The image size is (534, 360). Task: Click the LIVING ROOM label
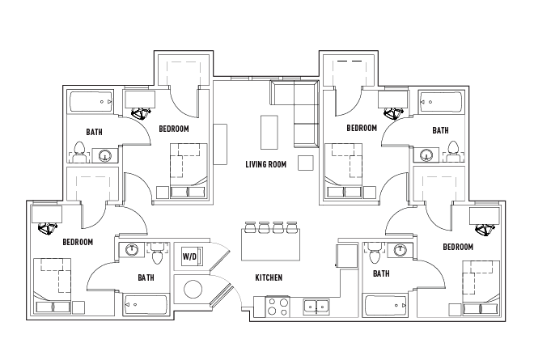[266, 164]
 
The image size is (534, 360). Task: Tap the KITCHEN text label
[269, 277]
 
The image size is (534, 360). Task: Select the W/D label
[189, 256]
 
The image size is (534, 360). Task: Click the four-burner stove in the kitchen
[278, 307]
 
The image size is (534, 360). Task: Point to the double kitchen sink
[316, 307]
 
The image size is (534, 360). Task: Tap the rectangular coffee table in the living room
[269, 129]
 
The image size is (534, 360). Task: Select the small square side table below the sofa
[305, 163]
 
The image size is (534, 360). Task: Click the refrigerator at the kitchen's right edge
[345, 254]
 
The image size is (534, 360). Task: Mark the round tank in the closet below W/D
[193, 290]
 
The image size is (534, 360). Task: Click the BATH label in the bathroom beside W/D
[146, 277]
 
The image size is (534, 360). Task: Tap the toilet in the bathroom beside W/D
[157, 254]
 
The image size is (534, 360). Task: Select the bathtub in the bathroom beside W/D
[146, 306]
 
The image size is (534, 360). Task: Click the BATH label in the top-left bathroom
[94, 131]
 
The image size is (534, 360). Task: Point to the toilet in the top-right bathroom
[453, 150]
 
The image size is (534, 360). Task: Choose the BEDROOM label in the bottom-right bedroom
[458, 247]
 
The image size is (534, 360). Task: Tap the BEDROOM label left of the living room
[174, 129]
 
